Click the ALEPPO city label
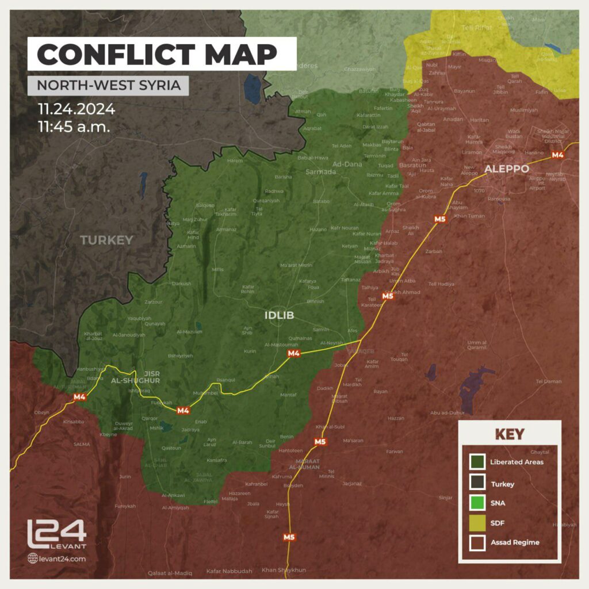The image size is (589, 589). tap(506, 169)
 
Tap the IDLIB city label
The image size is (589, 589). tap(279, 315)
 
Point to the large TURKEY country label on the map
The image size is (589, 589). tap(106, 240)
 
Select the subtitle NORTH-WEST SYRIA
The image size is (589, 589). tap(108, 86)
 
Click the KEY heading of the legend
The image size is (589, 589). tap(510, 434)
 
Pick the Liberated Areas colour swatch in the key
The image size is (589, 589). tap(477, 462)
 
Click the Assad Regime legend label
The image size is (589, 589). tap(515, 542)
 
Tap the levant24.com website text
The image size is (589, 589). tap(62, 558)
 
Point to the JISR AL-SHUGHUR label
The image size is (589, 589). tap(143, 376)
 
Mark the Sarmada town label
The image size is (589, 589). tap(320, 171)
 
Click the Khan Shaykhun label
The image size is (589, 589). tap(284, 570)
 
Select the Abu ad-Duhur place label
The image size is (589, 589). tap(447, 412)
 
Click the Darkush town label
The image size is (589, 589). tap(182, 284)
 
